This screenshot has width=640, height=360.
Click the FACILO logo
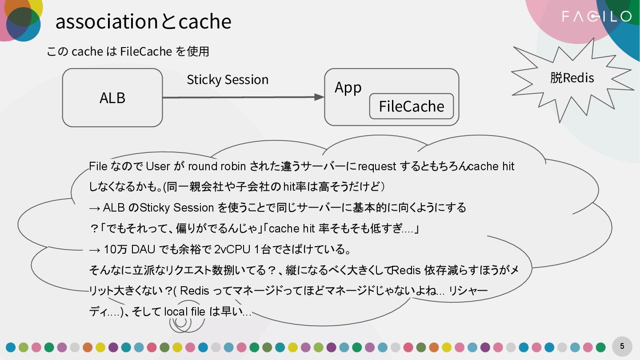tap(596, 17)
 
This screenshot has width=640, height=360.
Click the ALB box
tap(112, 98)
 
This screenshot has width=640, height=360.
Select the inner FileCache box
tap(411, 106)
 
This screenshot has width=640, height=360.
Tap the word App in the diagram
tap(348, 88)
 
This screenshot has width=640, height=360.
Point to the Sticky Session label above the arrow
tap(228, 80)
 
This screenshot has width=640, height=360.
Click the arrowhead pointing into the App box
tap(320, 97)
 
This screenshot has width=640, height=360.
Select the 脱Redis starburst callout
tap(572, 79)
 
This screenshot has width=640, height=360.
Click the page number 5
tap(622, 346)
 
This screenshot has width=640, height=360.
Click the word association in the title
tap(106, 22)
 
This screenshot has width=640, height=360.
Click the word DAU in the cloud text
tap(143, 249)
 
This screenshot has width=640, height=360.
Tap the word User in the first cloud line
tap(158, 167)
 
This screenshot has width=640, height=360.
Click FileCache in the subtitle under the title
tap(146, 52)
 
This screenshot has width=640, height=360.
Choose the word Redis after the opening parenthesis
tap(194, 291)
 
